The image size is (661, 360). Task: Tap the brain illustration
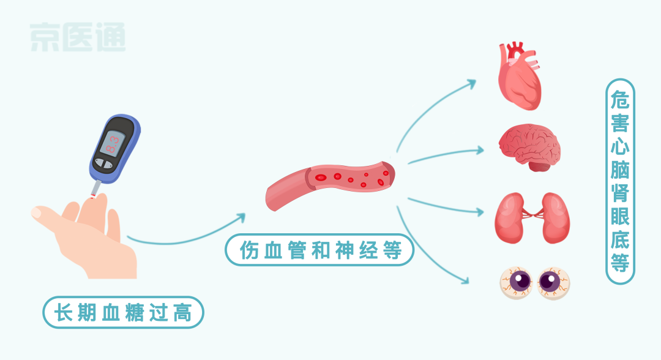click(x=529, y=147)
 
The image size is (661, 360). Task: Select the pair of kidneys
click(x=531, y=217)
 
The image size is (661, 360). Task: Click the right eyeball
click(x=553, y=282)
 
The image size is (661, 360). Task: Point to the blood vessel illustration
click(x=330, y=184)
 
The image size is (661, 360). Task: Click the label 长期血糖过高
click(x=123, y=313)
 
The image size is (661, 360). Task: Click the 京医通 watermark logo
click(x=78, y=37)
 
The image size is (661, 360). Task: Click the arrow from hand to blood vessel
click(x=184, y=236)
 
